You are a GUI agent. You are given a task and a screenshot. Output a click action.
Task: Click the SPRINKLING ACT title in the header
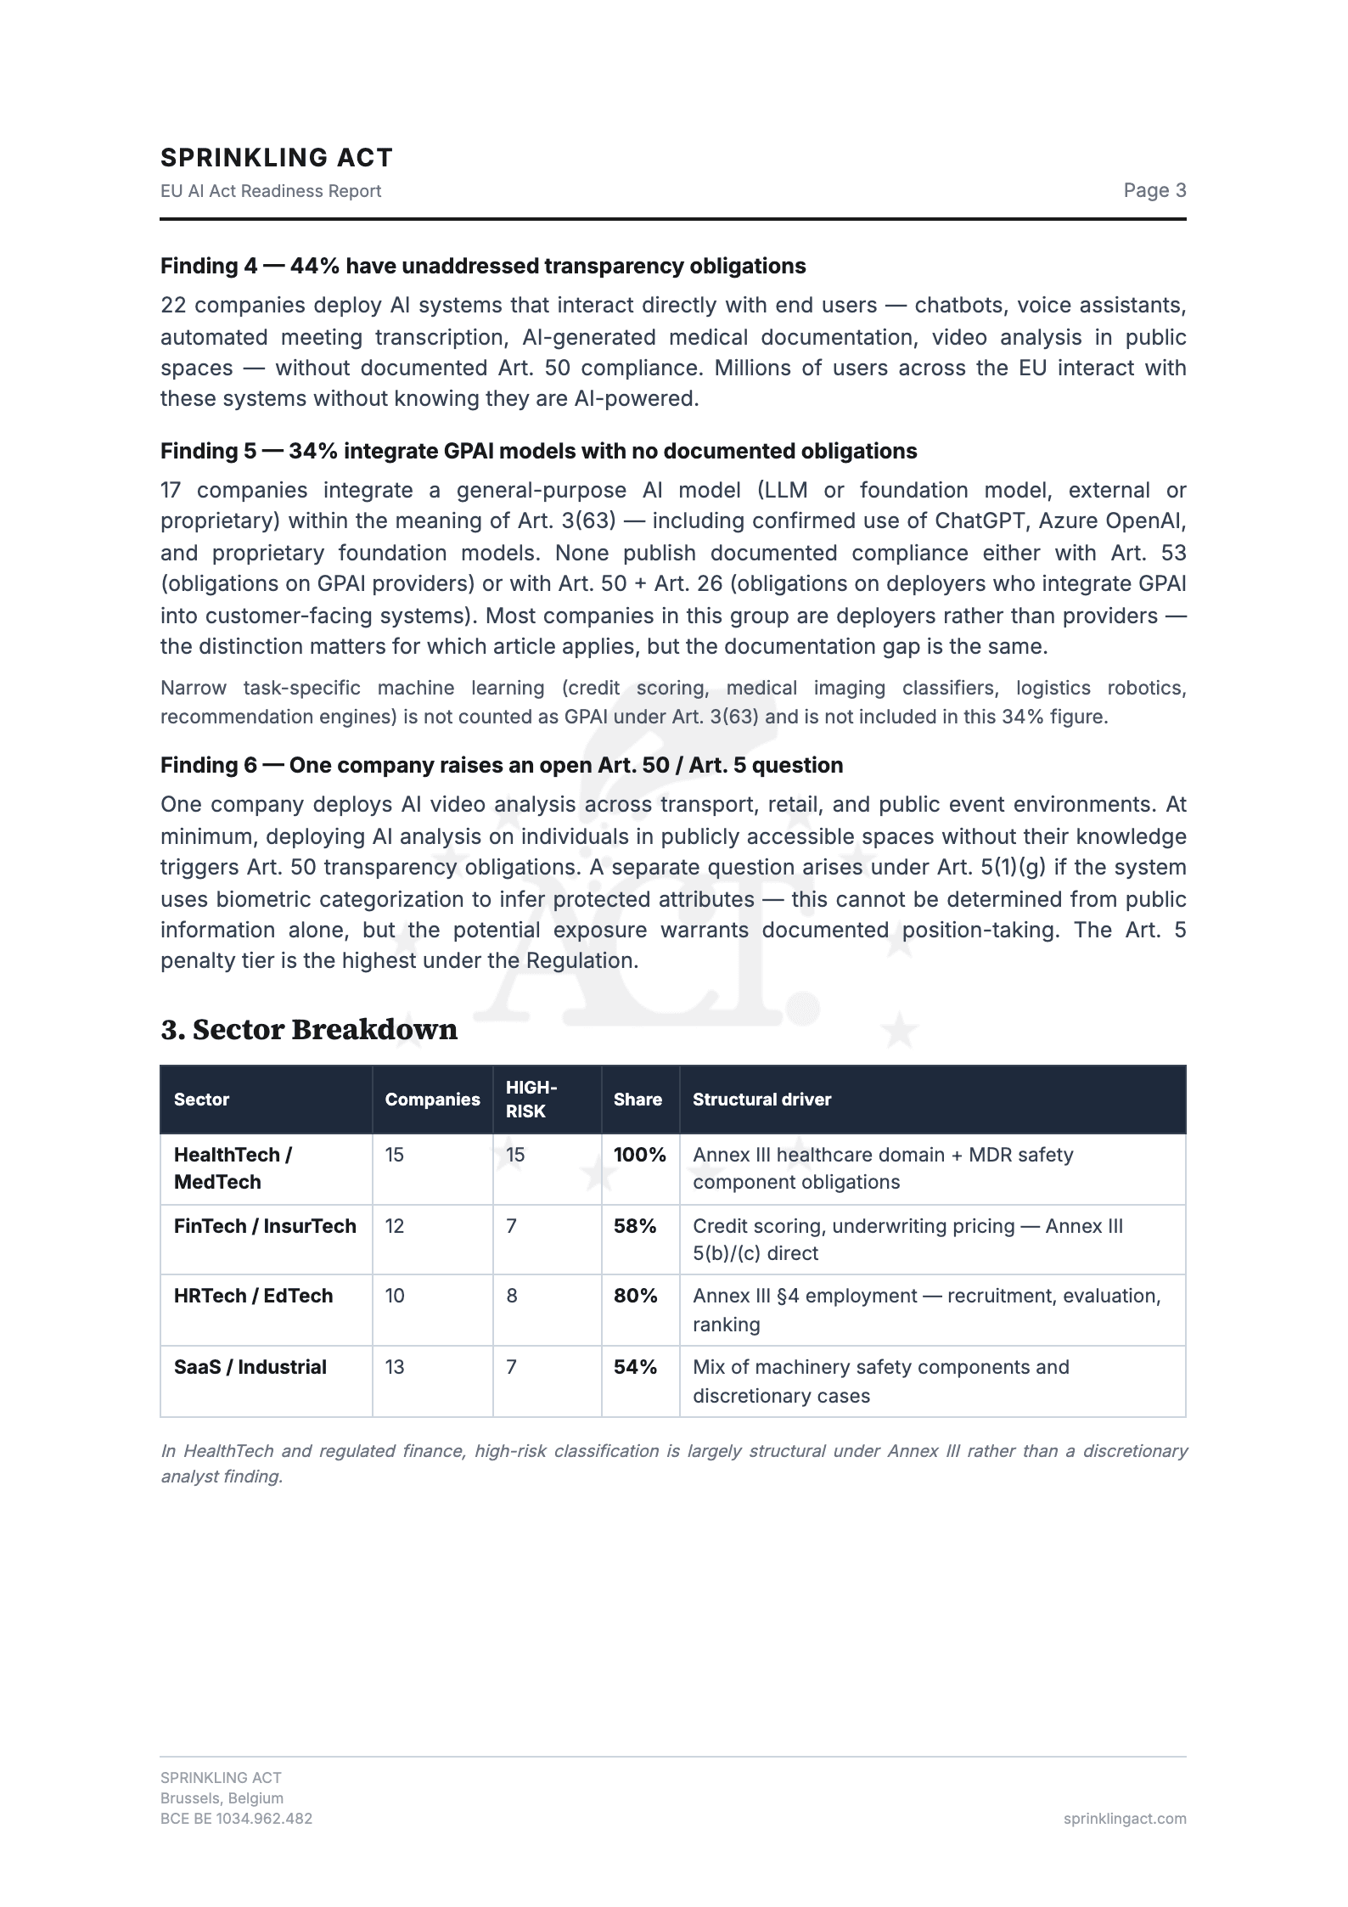click(277, 158)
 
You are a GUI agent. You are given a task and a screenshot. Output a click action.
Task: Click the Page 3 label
click(1154, 190)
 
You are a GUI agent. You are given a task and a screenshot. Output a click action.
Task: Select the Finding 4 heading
click(482, 266)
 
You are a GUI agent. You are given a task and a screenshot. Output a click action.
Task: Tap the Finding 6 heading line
click(501, 765)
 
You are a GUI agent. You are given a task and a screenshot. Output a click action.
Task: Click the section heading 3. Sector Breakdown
click(309, 1029)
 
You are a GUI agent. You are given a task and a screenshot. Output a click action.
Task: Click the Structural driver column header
click(761, 1100)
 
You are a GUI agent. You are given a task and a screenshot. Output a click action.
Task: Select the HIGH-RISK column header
click(531, 1100)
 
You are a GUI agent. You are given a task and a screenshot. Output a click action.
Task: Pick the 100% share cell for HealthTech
click(639, 1155)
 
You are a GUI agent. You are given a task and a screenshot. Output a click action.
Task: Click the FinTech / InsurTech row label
click(265, 1226)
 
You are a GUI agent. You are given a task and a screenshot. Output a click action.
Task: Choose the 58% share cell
click(635, 1226)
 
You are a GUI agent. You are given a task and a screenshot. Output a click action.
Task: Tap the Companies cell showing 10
click(395, 1296)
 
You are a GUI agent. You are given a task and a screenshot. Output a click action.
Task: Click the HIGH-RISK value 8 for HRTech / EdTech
click(512, 1296)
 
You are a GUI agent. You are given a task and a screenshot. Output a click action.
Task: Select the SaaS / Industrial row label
click(250, 1367)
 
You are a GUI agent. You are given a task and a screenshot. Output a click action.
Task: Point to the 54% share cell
click(635, 1367)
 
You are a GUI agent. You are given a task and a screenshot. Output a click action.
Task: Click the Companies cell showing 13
click(395, 1367)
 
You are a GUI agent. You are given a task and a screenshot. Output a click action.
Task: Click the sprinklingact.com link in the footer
click(1124, 1819)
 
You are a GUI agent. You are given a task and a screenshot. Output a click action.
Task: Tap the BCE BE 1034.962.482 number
click(236, 1819)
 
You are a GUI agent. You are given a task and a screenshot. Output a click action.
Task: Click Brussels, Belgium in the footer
click(222, 1798)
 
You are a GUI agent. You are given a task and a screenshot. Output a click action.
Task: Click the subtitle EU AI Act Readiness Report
click(271, 191)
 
